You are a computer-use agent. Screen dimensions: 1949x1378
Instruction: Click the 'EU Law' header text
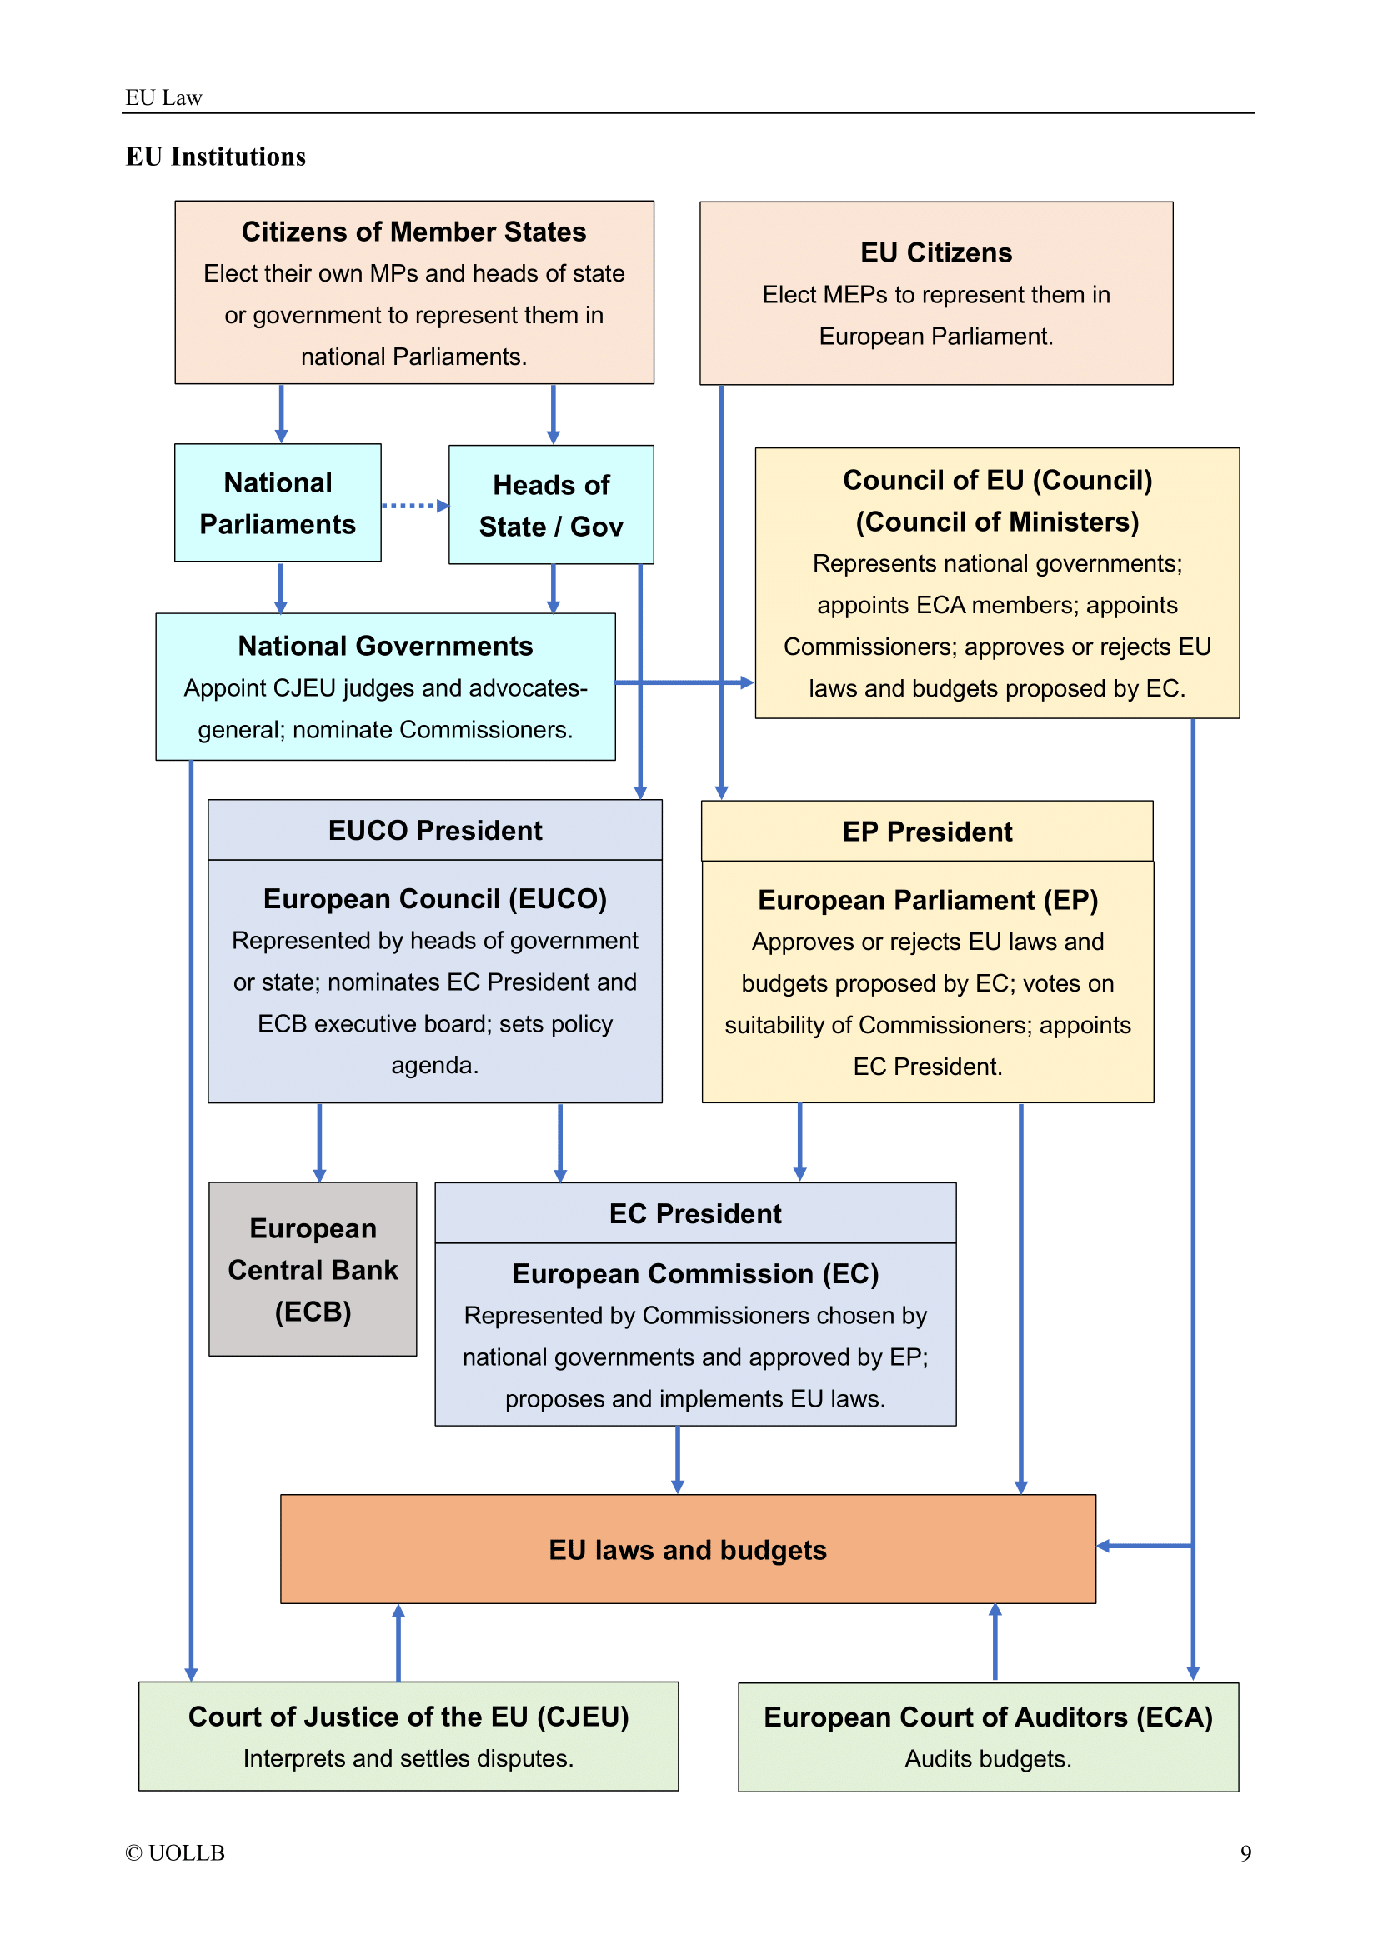pos(163,98)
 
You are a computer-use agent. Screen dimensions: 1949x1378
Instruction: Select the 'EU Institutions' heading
pos(216,157)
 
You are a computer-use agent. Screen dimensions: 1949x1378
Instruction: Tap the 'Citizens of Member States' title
pos(413,232)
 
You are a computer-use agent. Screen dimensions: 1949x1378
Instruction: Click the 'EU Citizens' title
pos(935,253)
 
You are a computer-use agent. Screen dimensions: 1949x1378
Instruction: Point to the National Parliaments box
pos(278,503)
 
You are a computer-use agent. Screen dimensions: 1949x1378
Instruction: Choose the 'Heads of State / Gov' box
pos(551,506)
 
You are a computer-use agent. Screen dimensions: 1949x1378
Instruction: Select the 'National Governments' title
pos(384,646)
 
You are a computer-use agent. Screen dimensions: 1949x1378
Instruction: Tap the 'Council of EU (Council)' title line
pos(997,481)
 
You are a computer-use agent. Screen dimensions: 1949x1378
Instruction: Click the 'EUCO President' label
pos(434,830)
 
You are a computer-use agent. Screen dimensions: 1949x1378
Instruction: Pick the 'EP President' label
pos(927,832)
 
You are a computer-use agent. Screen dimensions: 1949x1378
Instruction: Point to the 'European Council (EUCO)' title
pos(434,899)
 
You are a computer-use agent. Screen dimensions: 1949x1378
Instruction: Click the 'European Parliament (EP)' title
pos(927,901)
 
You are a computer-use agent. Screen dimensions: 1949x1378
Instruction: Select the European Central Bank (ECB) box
pos(313,1270)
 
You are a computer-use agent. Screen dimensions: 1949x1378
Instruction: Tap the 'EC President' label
pos(695,1214)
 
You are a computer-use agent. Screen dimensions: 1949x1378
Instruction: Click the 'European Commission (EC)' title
pos(695,1274)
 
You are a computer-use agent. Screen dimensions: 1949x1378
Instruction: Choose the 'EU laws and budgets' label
pos(688,1550)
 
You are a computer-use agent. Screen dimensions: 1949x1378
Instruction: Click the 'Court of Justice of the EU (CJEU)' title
pos(408,1717)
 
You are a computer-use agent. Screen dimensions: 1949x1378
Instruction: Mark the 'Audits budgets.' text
pos(987,1759)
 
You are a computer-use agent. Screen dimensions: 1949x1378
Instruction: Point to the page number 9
pos(1245,1853)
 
